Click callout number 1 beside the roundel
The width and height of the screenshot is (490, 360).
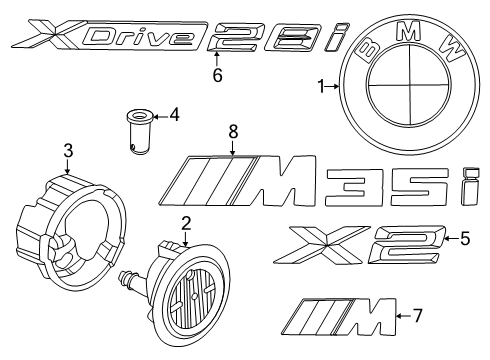tap(322, 87)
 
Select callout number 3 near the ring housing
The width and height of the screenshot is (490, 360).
tap(68, 151)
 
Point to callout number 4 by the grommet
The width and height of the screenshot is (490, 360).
tap(175, 115)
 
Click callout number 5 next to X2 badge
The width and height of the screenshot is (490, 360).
tap(463, 238)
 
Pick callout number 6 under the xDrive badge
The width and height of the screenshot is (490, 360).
tap(215, 74)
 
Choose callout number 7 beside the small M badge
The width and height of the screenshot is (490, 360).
tap(418, 317)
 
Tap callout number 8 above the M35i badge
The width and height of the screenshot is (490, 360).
tap(233, 130)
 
